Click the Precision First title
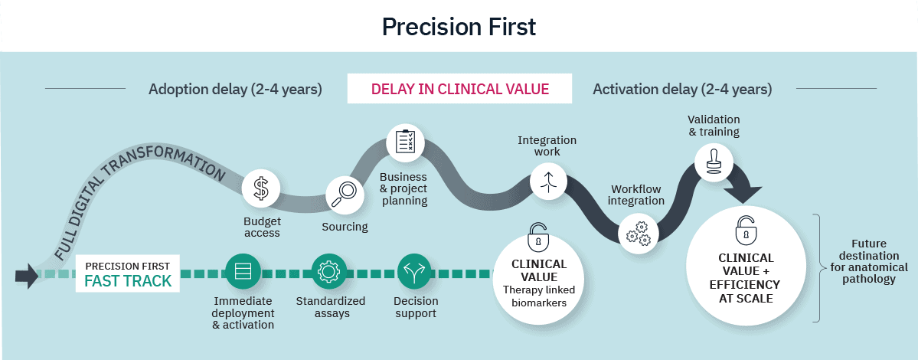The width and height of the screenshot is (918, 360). [459, 26]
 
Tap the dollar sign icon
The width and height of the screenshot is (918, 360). [261, 189]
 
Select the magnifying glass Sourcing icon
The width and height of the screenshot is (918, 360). [345, 195]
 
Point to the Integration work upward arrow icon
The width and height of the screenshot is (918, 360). [550, 181]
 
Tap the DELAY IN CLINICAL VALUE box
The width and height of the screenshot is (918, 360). [459, 89]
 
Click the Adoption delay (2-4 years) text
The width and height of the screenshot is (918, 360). [235, 89]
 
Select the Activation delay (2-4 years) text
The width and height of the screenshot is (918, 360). [682, 89]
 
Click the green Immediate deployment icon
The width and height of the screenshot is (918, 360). [243, 272]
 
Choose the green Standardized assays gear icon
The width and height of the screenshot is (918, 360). [330, 272]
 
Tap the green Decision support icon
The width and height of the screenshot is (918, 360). [415, 272]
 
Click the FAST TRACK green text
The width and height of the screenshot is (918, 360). [128, 281]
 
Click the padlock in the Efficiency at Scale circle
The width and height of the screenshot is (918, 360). [745, 230]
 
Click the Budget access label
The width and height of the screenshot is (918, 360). [262, 227]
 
